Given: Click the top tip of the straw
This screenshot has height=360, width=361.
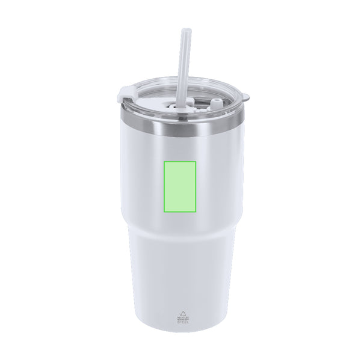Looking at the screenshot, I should (184, 29).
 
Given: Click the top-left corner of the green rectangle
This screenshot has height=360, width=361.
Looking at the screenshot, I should (164, 161).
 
